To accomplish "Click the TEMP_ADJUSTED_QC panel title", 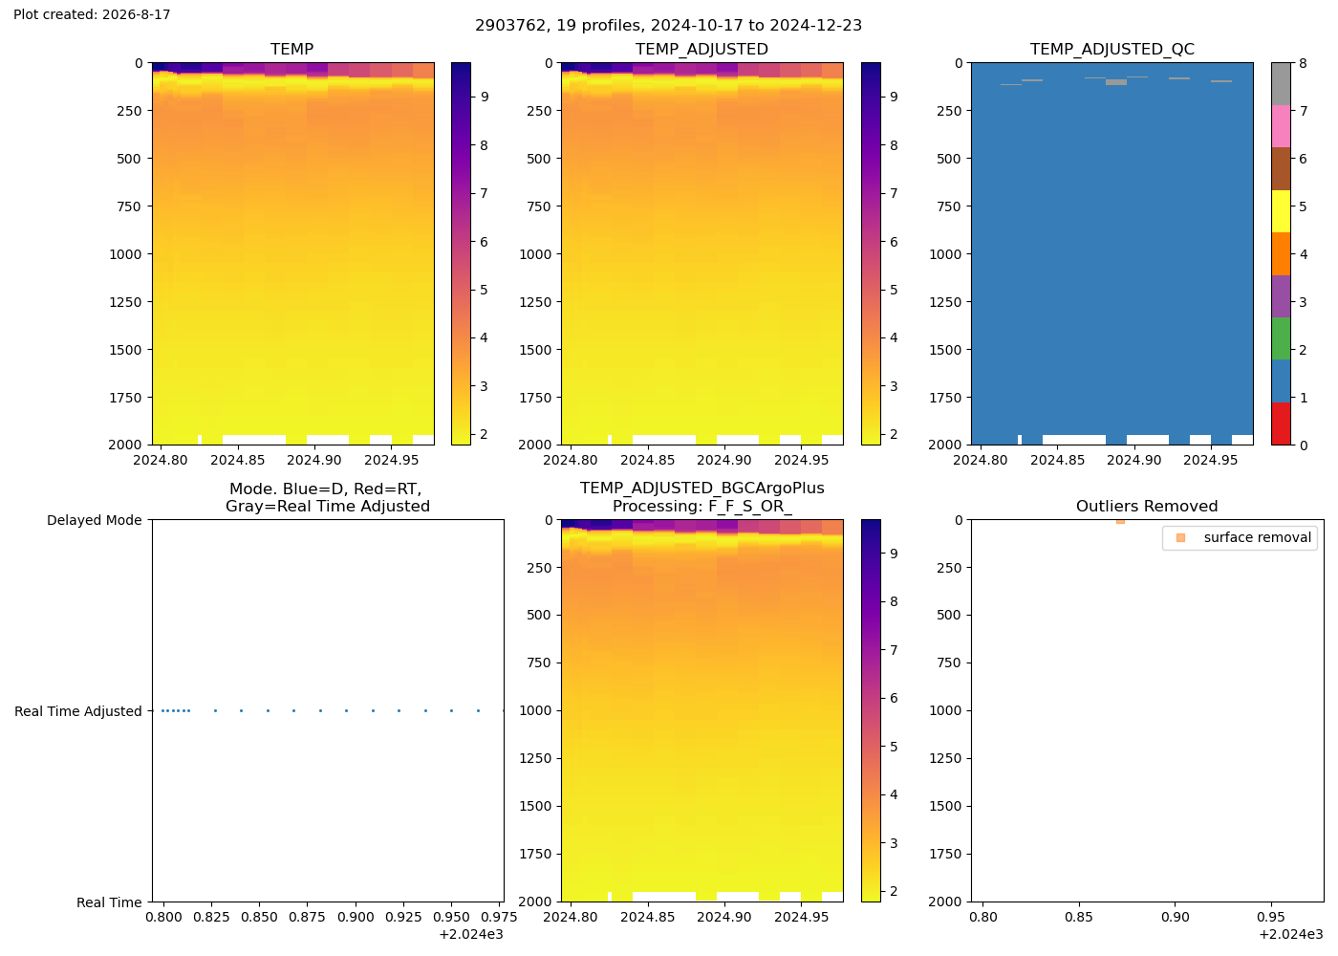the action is click(x=1111, y=49).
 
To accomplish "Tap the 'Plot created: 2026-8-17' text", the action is click(x=92, y=14).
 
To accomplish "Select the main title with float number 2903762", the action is click(x=668, y=25).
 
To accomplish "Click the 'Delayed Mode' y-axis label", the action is click(x=95, y=520).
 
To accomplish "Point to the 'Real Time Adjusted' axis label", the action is click(x=78, y=711).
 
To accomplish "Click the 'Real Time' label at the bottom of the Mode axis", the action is click(x=109, y=902).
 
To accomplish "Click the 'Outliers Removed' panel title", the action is click(x=1147, y=506).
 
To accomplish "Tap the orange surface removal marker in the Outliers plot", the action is click(x=1120, y=522).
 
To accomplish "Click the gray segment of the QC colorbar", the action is click(x=1281, y=84).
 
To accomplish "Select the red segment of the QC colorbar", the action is click(x=1281, y=424).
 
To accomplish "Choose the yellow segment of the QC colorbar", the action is click(x=1281, y=211).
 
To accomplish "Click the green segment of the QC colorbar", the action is click(x=1281, y=338).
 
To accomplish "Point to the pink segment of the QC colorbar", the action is click(x=1281, y=126).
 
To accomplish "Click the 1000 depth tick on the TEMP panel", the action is click(x=125, y=254).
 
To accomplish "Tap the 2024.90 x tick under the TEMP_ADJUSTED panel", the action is click(x=724, y=460).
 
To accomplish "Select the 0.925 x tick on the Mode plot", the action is click(x=403, y=917).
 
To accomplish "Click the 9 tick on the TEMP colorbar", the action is click(x=485, y=98).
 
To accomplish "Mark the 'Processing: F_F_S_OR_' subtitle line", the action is click(x=701, y=507).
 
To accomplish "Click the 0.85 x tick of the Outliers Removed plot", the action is click(x=1079, y=917).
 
